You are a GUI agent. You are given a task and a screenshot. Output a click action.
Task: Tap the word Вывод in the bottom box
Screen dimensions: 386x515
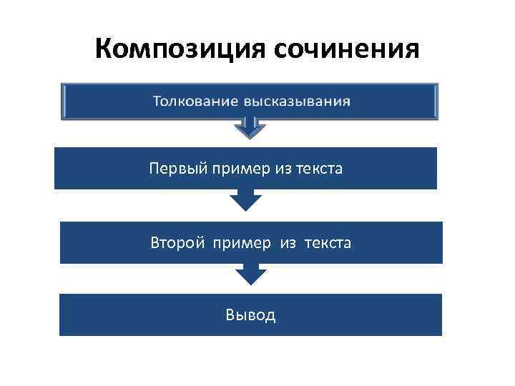click(x=250, y=315)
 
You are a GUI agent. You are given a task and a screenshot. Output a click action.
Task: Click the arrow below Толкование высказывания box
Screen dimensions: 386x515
click(x=250, y=128)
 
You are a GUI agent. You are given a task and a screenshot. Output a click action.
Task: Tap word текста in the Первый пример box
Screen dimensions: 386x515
click(x=318, y=169)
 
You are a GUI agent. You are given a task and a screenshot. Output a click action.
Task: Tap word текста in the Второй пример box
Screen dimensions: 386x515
click(x=328, y=243)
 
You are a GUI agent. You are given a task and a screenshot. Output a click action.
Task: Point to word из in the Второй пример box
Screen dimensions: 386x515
click(x=288, y=243)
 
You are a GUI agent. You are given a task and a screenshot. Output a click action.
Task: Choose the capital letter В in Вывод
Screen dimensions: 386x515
click(x=230, y=315)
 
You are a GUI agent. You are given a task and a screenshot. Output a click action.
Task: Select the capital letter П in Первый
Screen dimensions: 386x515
click(x=154, y=169)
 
